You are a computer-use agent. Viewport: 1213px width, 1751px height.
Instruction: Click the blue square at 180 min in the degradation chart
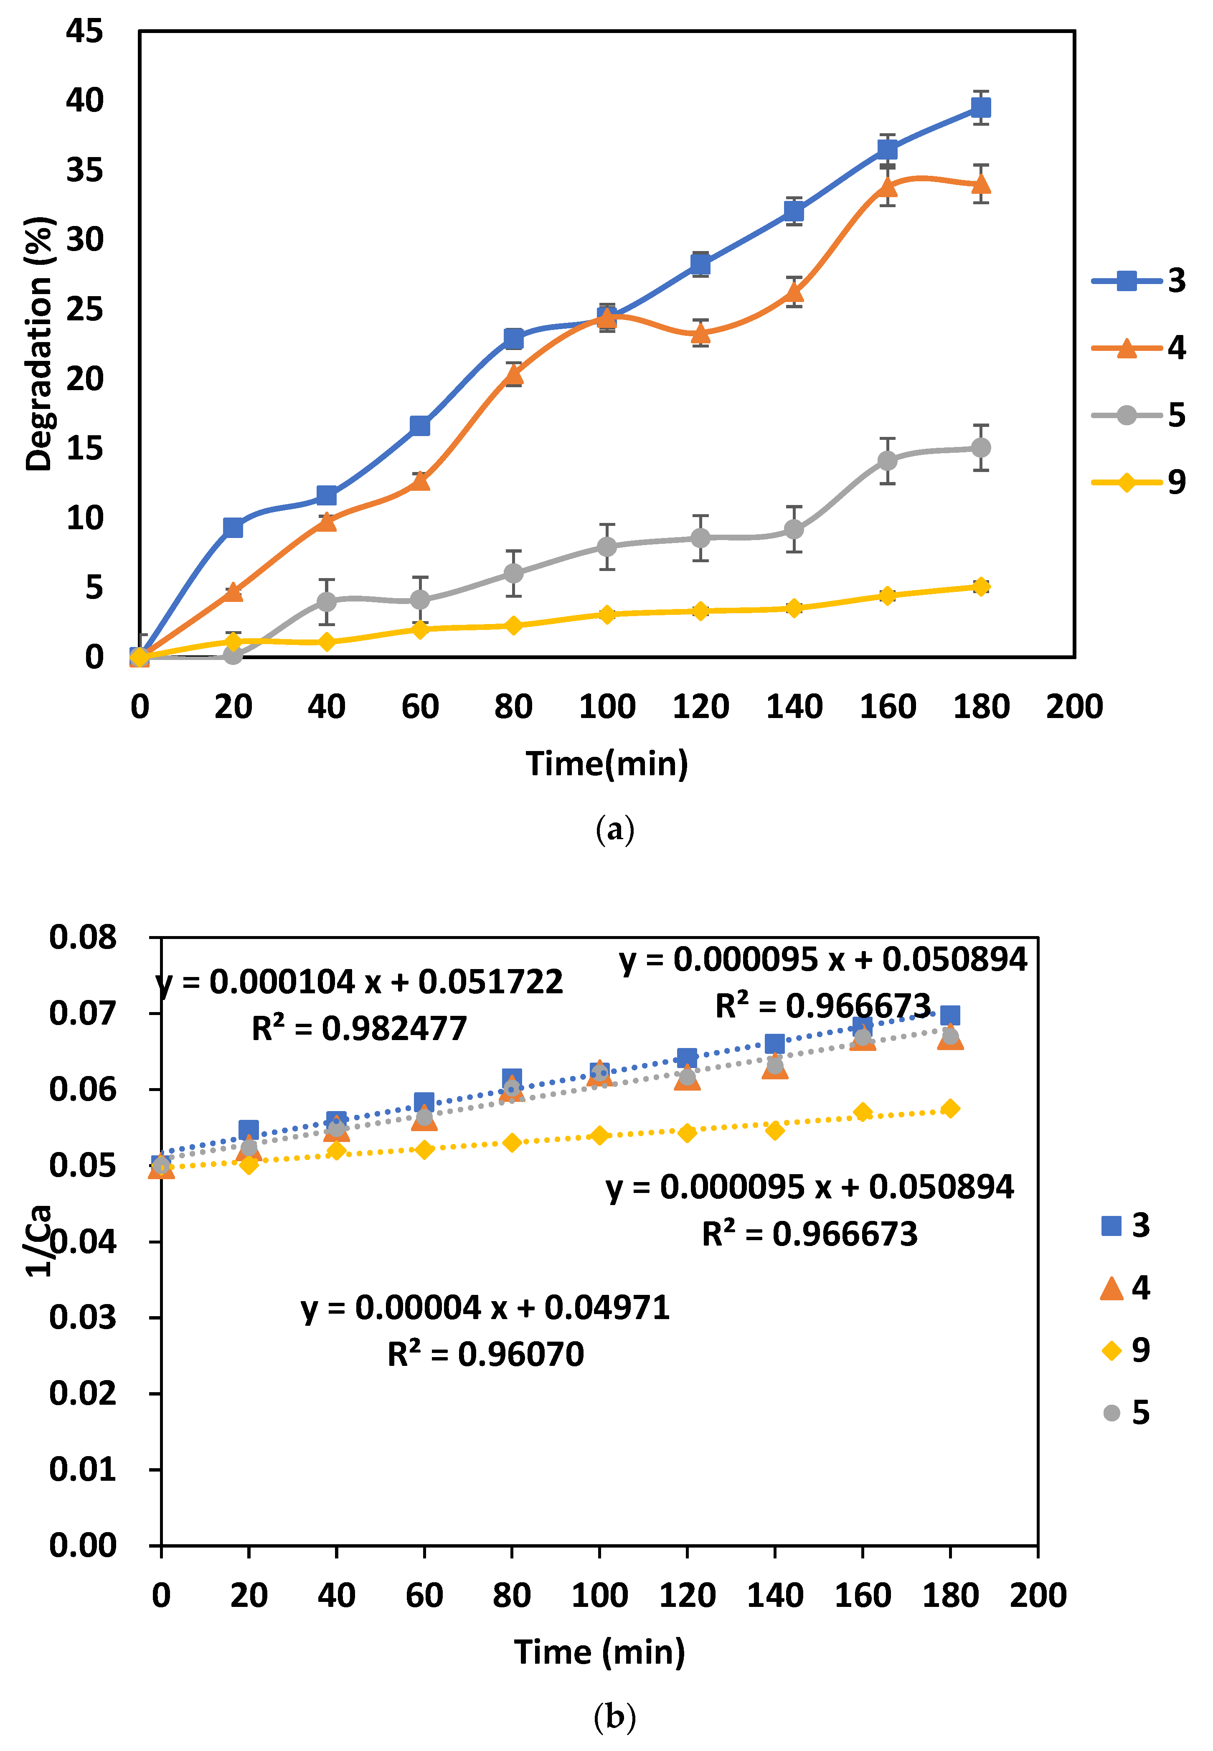pyautogui.click(x=980, y=108)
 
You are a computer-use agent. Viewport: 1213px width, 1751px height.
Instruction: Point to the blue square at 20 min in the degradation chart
pyautogui.click(x=233, y=528)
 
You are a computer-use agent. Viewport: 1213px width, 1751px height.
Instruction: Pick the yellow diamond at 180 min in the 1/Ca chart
pyautogui.click(x=950, y=1109)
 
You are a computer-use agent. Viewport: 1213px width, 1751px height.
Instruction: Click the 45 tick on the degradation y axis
pyautogui.click(x=84, y=31)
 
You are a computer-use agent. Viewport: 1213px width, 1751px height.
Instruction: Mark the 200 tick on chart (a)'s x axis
pyautogui.click(x=1074, y=707)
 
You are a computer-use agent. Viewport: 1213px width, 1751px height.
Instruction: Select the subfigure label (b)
pyautogui.click(x=614, y=1717)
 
